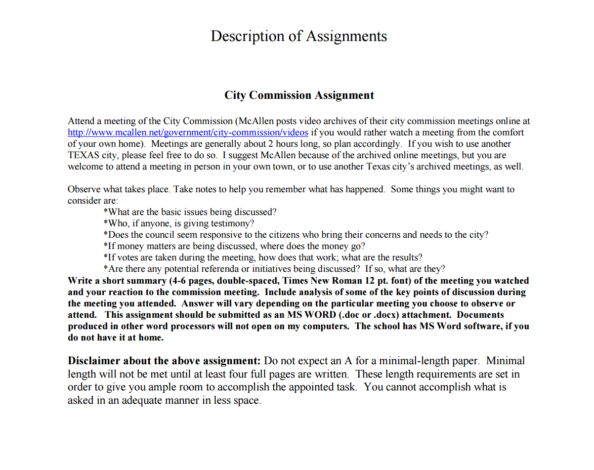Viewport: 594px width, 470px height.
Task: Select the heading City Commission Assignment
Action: click(x=299, y=95)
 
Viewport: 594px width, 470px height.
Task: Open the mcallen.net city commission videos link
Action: click(x=188, y=132)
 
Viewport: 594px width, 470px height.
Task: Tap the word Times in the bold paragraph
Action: click(x=296, y=281)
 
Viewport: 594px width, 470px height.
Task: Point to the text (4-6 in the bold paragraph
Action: click(x=178, y=281)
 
